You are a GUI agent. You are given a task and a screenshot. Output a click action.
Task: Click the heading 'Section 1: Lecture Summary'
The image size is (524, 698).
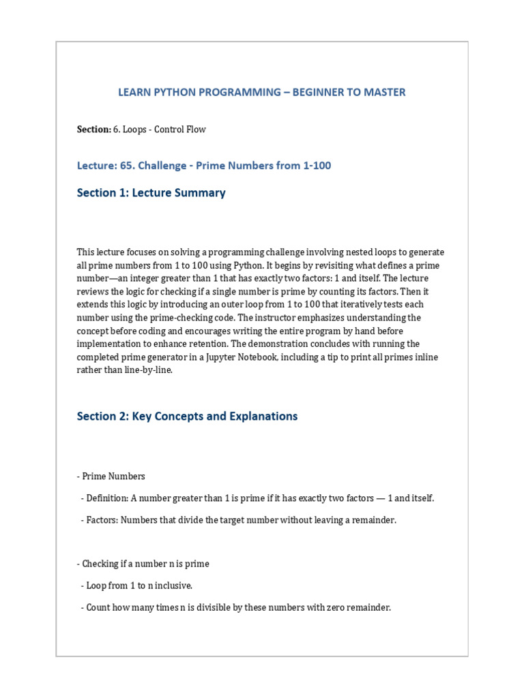pos(151,193)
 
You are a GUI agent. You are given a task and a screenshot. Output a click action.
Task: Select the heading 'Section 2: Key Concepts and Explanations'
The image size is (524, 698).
pos(187,416)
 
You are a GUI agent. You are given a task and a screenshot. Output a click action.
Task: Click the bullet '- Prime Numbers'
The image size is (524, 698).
pos(111,476)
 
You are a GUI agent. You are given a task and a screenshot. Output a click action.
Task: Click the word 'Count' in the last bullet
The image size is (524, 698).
pos(98,607)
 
